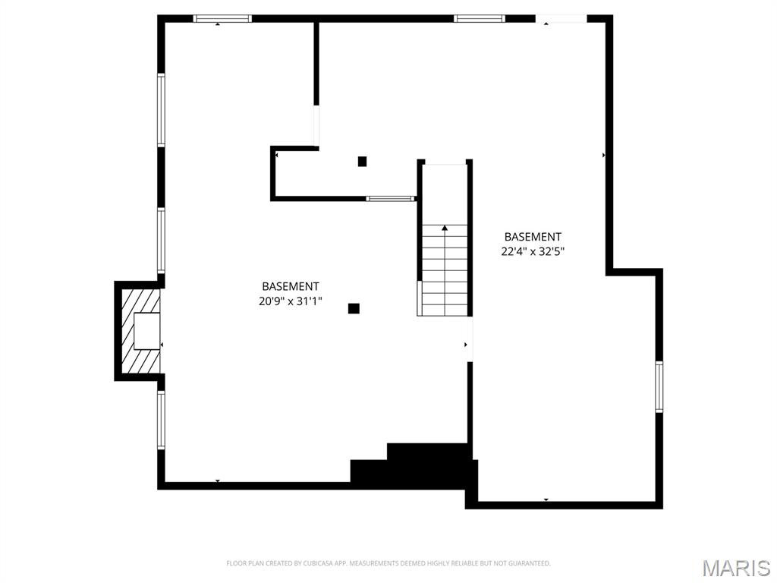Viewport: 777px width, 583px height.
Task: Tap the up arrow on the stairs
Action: tap(445, 227)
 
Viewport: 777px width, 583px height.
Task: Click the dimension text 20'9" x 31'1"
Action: tap(290, 301)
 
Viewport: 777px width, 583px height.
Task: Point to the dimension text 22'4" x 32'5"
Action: tap(533, 251)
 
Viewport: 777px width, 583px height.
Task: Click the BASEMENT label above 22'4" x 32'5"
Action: tap(533, 237)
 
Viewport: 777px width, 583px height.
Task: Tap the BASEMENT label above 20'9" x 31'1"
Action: tap(290, 286)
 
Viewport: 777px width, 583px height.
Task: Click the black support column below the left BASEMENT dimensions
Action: tap(354, 308)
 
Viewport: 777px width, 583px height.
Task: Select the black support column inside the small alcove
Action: tap(362, 161)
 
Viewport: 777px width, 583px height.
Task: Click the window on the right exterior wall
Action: tap(659, 386)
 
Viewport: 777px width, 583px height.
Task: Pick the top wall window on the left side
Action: tap(222, 19)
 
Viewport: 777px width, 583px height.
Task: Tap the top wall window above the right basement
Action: tap(479, 19)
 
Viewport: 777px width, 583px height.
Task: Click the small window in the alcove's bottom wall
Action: tap(390, 199)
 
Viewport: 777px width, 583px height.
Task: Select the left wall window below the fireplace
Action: tap(161, 420)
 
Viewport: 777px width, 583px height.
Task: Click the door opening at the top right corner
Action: tap(561, 19)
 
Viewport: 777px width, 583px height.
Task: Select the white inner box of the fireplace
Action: tap(147, 331)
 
